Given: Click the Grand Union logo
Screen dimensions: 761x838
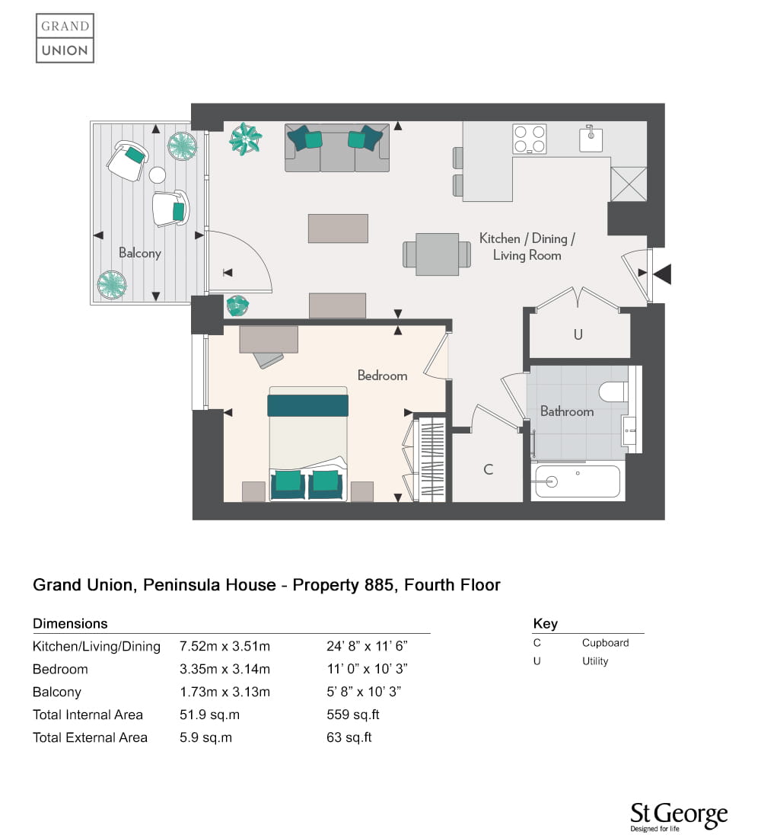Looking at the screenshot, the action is pyautogui.click(x=65, y=39).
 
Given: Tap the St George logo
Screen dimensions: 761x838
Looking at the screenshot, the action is pyautogui.click(x=679, y=817).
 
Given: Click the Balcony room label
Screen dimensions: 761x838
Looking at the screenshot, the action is pyautogui.click(x=140, y=253).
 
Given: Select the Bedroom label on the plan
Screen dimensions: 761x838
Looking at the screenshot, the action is pyautogui.click(x=382, y=376).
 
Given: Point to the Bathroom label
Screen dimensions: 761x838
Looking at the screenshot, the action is pyautogui.click(x=567, y=411).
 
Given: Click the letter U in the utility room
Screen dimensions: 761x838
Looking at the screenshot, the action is pyautogui.click(x=578, y=334).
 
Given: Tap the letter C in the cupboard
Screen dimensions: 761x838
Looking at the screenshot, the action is pyautogui.click(x=488, y=469).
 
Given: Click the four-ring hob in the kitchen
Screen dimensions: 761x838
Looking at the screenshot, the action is pyautogui.click(x=529, y=139).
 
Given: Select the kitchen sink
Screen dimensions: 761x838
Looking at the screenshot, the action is pyautogui.click(x=591, y=139).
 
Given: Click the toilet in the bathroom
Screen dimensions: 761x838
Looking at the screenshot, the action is pyautogui.click(x=614, y=392).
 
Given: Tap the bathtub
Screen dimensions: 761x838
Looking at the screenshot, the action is pyautogui.click(x=578, y=481).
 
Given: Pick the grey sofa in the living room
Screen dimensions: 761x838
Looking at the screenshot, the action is pyautogui.click(x=337, y=148).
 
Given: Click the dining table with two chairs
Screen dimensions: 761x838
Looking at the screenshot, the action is pyautogui.click(x=437, y=254).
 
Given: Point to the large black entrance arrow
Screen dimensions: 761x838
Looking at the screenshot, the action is pyautogui.click(x=662, y=273).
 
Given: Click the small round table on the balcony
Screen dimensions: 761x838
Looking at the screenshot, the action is pyautogui.click(x=157, y=174).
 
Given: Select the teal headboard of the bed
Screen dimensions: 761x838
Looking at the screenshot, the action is pyautogui.click(x=307, y=405).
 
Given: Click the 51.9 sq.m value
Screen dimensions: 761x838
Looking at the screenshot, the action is pyautogui.click(x=209, y=715).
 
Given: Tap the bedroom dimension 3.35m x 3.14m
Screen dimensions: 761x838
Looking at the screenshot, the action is pyautogui.click(x=224, y=669).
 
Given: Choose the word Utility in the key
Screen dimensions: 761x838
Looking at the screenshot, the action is pyautogui.click(x=595, y=661).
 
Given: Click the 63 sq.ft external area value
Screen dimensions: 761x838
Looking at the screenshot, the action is pyautogui.click(x=349, y=737).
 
